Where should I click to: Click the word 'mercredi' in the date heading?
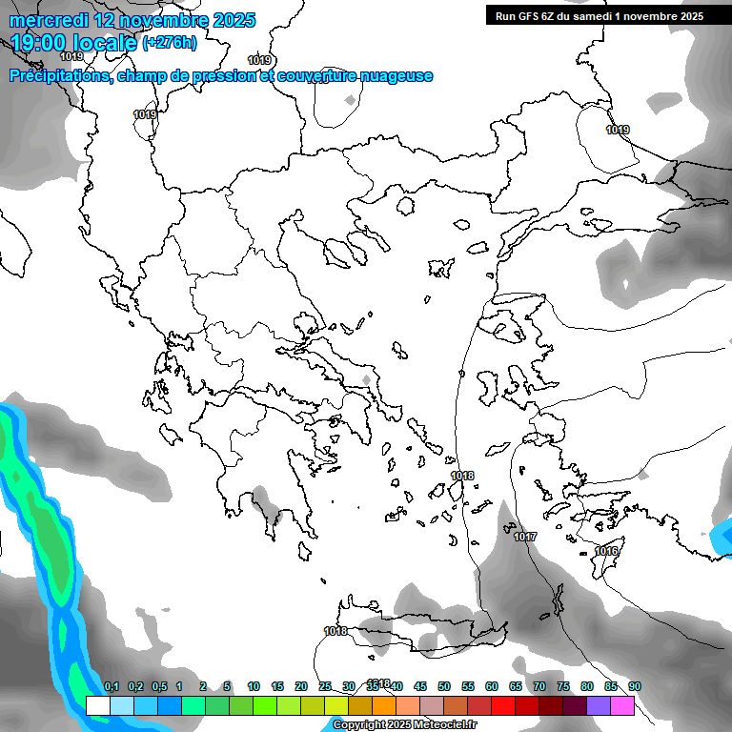coord(51,20)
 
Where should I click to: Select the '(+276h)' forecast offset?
coord(170,43)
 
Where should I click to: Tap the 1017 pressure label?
coord(525,538)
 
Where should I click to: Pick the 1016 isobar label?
coord(606,552)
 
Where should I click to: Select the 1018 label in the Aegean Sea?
coord(462,476)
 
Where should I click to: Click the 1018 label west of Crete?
coord(335,631)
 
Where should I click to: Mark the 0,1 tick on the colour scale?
coord(112,687)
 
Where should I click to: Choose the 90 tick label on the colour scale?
coord(634,687)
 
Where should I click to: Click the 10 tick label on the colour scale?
coord(254,687)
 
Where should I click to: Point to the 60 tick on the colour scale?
coord(492,687)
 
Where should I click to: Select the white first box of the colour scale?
coord(97,705)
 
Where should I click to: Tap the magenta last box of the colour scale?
coord(622,705)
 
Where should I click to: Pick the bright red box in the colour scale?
coord(503,705)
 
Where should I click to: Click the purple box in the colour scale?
coord(599,705)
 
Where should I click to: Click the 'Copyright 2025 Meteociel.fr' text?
coord(404,725)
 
